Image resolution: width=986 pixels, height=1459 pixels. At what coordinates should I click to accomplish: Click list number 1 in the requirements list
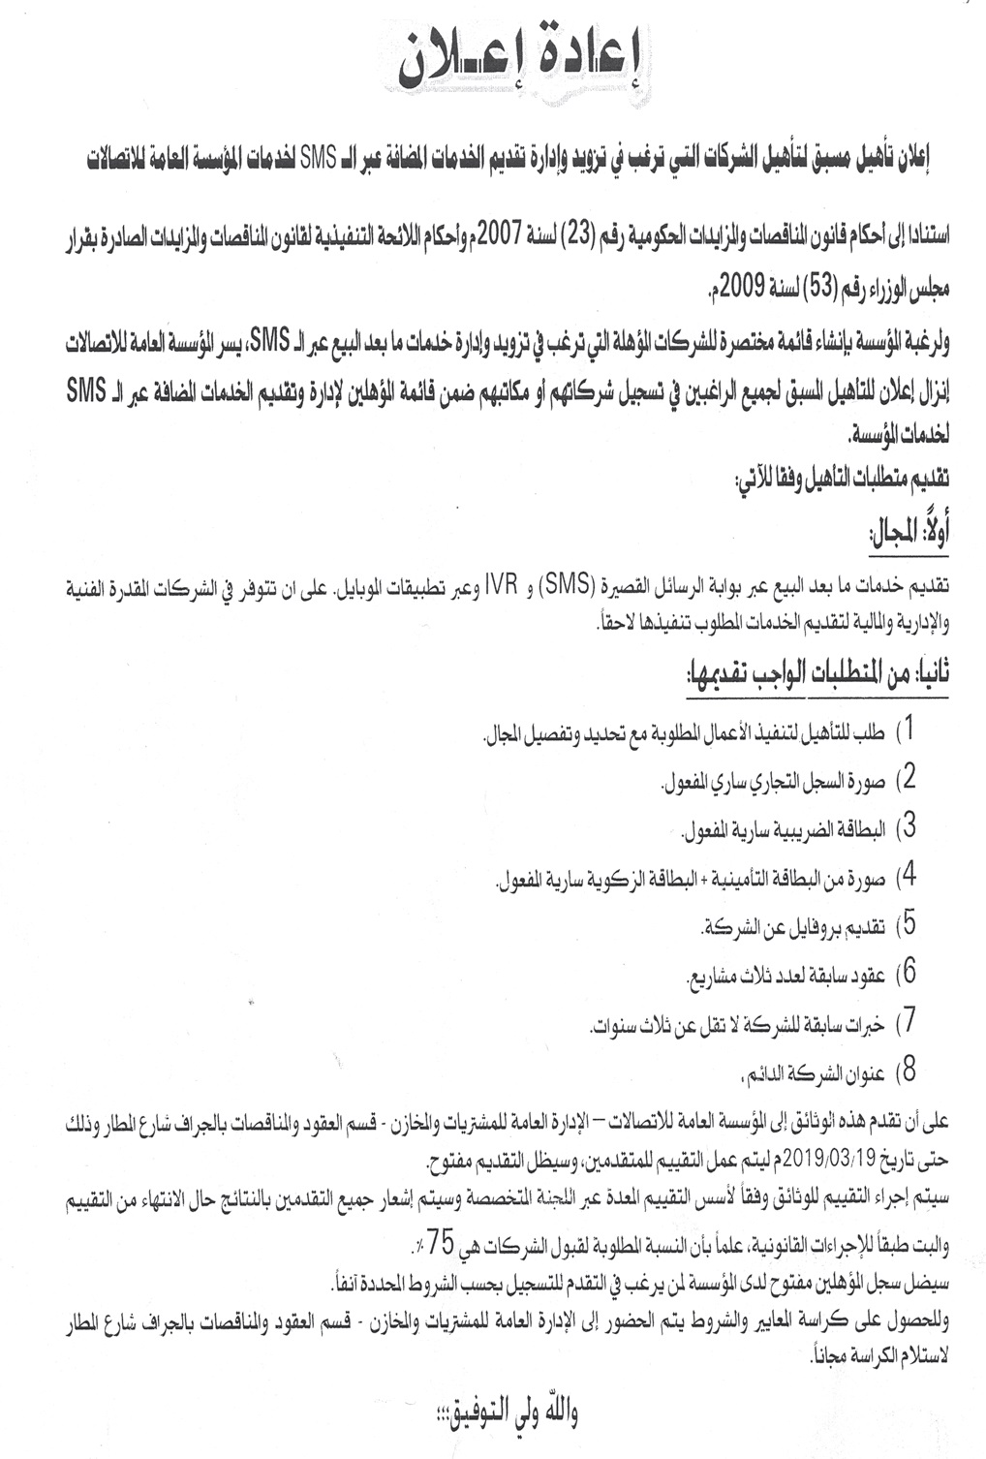click(909, 729)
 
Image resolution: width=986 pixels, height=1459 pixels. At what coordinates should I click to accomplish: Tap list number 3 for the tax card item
click(909, 828)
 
